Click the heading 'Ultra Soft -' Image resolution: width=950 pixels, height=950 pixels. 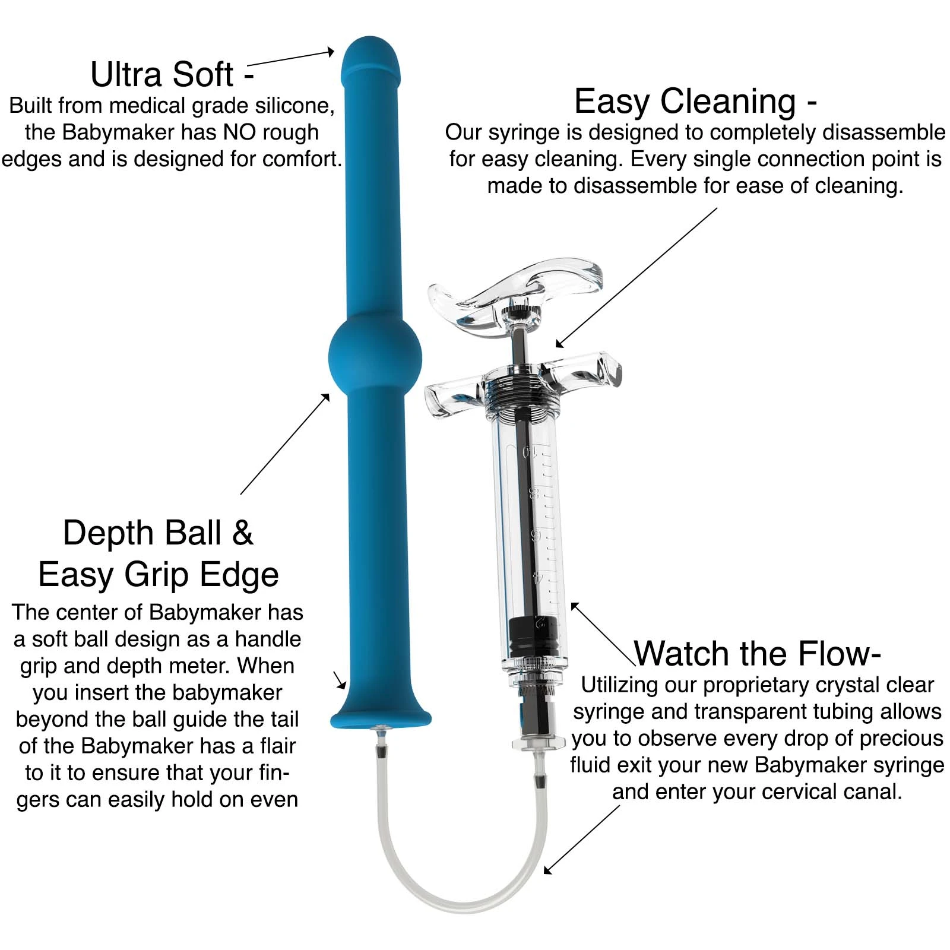[x=172, y=75]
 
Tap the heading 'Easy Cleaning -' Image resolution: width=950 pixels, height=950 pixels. [x=695, y=101]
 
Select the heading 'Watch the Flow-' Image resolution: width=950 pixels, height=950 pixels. [x=757, y=654]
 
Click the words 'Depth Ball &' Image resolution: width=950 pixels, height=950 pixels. [x=158, y=533]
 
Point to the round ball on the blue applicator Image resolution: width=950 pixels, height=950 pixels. [x=375, y=356]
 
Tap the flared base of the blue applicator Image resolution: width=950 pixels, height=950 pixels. [x=381, y=716]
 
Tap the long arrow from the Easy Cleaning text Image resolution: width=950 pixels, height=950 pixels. [x=636, y=277]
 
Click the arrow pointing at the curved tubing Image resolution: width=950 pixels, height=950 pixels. [x=582, y=839]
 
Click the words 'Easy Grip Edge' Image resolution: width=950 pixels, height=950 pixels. [x=158, y=574]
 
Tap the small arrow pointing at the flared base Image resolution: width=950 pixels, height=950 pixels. [x=340, y=680]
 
